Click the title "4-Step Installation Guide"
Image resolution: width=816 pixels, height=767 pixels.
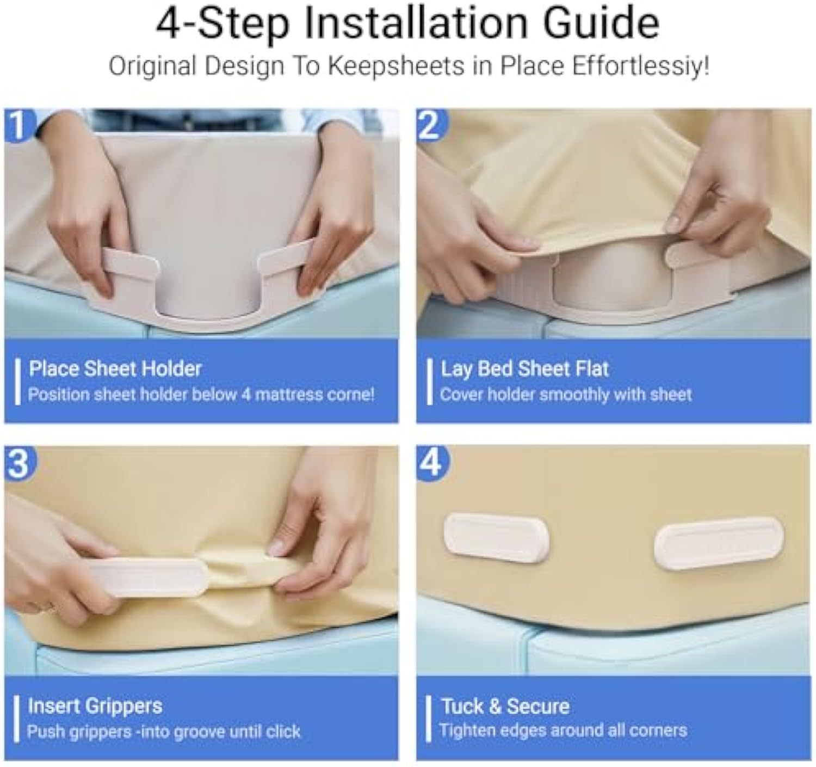407,25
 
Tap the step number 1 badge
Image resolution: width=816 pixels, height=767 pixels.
18,125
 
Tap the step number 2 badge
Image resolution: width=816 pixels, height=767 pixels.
431,125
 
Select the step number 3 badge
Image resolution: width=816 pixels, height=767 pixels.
19,463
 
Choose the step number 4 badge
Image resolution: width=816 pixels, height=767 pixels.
431,463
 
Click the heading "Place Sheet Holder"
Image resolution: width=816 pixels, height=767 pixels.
115,369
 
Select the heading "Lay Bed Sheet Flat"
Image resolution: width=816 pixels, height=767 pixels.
525,369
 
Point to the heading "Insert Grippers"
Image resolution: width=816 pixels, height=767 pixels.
95,705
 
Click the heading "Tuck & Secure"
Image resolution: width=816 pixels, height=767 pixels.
505,707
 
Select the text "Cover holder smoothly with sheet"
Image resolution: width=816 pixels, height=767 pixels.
566,395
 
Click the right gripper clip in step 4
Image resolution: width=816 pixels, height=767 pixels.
719,544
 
